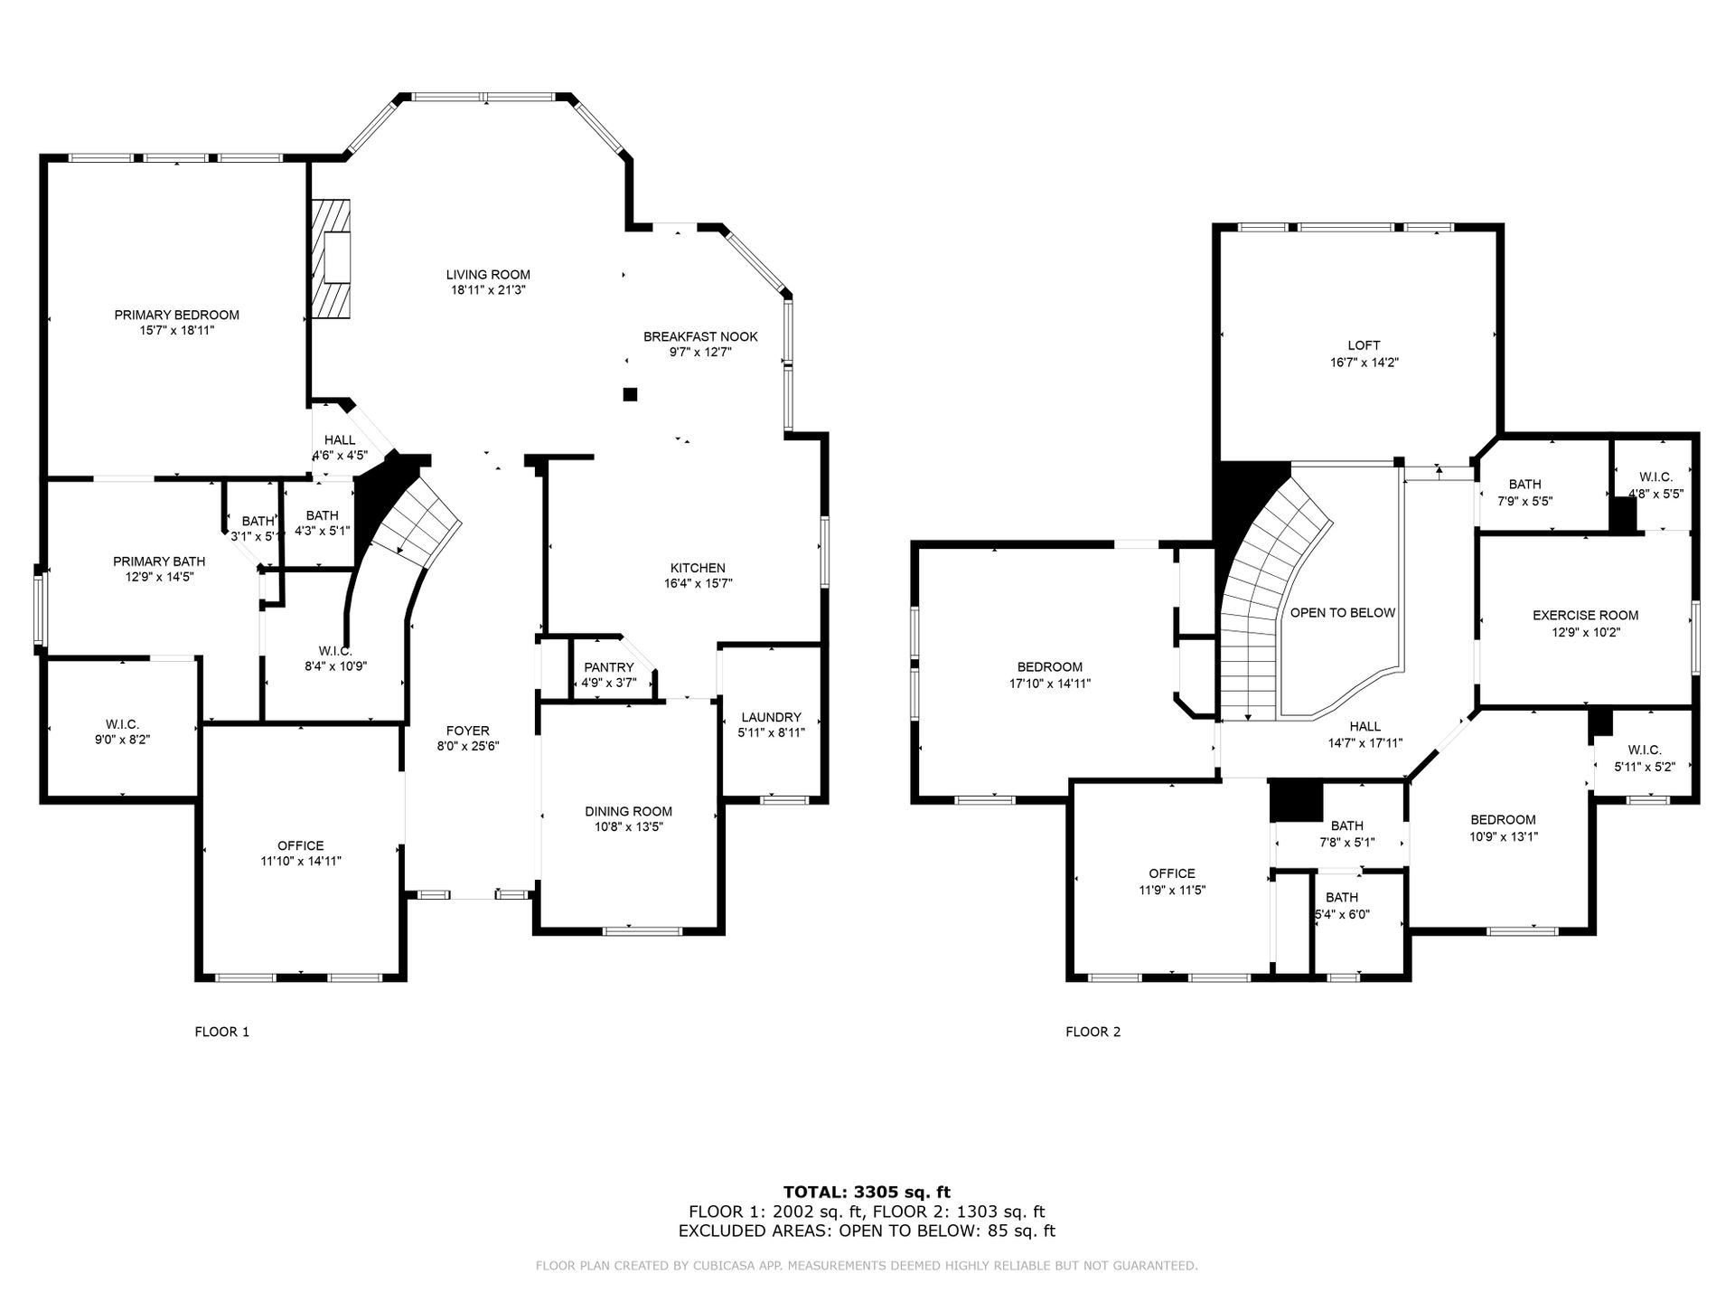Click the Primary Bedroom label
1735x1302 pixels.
(176, 315)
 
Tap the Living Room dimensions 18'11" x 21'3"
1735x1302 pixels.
(488, 290)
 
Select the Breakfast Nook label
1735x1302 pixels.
(700, 336)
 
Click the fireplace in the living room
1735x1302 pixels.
(331, 259)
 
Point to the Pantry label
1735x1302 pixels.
(609, 667)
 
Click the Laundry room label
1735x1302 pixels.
(771, 717)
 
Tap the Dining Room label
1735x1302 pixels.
(628, 811)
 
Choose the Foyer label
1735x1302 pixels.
(468, 731)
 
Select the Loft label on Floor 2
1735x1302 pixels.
(1364, 345)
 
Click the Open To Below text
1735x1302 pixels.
(1343, 612)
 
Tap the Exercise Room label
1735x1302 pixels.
(1585, 616)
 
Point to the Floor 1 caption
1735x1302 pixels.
(221, 1032)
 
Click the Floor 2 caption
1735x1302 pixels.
(1093, 1032)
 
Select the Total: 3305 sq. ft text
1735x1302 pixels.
(867, 1193)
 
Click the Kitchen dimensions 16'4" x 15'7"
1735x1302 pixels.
(698, 583)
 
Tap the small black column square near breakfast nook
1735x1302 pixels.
(630, 394)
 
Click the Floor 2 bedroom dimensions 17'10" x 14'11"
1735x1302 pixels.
(1050, 684)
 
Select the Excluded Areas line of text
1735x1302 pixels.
(867, 1231)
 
